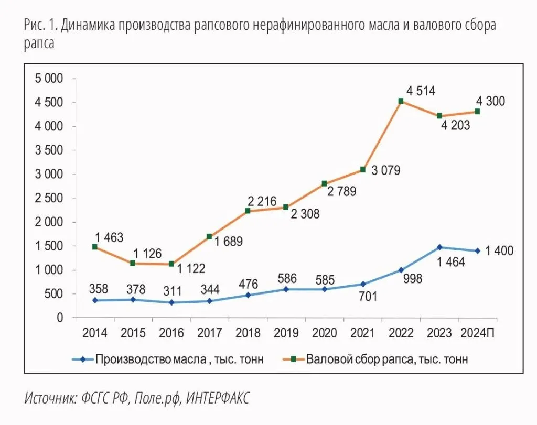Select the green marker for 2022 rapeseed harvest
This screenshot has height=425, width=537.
click(x=401, y=101)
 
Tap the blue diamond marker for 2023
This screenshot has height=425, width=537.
click(x=439, y=247)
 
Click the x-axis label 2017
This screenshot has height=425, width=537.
click(x=210, y=333)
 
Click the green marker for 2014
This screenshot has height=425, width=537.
click(x=95, y=247)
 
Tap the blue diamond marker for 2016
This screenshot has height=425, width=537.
click(x=171, y=303)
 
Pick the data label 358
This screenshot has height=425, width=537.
click(x=95, y=288)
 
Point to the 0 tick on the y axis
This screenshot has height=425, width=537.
click(x=59, y=318)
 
